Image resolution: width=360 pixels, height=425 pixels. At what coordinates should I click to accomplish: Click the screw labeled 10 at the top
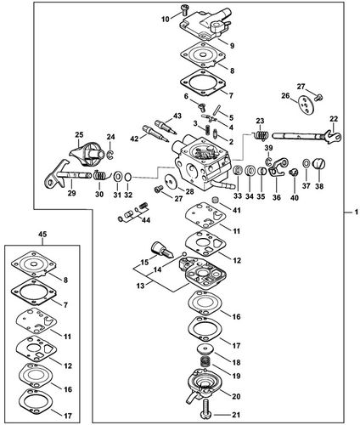(184, 9)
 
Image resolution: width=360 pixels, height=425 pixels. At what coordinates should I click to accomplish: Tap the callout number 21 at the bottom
(236, 415)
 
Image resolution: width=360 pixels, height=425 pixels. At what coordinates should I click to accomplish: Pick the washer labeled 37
(307, 164)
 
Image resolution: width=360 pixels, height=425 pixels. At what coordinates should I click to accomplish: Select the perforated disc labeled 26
(307, 105)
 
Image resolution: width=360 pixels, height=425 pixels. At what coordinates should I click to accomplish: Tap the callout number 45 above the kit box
(42, 235)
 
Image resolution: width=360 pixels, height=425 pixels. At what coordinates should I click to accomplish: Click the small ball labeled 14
(184, 253)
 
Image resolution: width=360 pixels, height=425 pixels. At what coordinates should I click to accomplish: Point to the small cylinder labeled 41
(216, 201)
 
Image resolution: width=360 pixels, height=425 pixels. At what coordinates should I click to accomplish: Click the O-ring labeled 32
(128, 178)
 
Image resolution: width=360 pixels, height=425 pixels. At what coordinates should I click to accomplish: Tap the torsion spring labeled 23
(261, 134)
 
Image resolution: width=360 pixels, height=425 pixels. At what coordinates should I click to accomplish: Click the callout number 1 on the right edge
(357, 212)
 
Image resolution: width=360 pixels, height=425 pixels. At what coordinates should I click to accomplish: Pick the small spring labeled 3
(208, 130)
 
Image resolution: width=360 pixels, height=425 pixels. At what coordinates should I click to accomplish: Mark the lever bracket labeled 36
(278, 167)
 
